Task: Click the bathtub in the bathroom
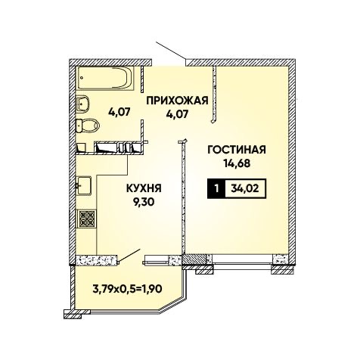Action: point(106,78)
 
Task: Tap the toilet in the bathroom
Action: point(88,126)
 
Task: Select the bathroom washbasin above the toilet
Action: point(82,104)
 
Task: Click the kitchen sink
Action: point(84,185)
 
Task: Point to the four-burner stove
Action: point(87,218)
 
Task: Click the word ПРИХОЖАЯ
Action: point(178,101)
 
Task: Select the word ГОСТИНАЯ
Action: point(237,150)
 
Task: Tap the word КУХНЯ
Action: point(144,188)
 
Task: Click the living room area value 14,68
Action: point(237,163)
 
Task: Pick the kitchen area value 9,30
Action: point(144,202)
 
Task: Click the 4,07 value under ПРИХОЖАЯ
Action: point(177,114)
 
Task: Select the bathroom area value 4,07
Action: point(119,111)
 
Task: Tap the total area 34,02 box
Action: point(245,188)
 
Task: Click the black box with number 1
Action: point(216,188)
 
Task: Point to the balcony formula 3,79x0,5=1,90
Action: point(127,289)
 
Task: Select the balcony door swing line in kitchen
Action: point(129,256)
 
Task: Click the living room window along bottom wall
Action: point(243,260)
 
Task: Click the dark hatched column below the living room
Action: point(195,260)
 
